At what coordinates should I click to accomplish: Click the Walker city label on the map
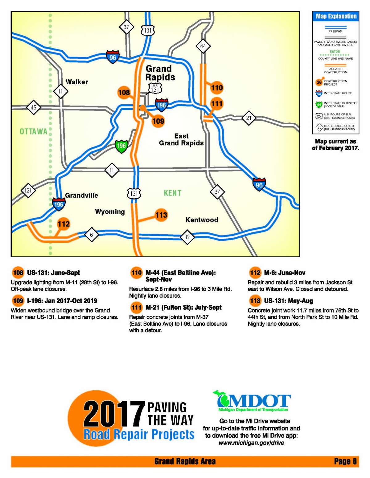pos(77,82)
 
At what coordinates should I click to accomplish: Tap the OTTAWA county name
pos(33,132)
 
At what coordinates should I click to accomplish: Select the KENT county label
pos(172,193)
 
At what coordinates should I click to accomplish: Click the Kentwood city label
pos(202,220)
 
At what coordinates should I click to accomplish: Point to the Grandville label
pos(81,195)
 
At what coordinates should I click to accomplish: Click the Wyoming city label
pos(110,212)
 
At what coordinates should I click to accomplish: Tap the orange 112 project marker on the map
pos(64,224)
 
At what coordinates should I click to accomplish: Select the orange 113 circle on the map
pos(161,215)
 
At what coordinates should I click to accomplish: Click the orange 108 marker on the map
pos(124,92)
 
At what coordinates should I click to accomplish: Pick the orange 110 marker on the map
pos(217,88)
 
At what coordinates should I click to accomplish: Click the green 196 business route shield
pos(121,146)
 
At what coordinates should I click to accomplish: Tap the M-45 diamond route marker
pos(33,107)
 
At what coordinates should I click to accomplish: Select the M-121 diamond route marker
pos(28,191)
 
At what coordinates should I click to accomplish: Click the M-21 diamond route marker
pos(249,118)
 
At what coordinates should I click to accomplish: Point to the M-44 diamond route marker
pos(203,46)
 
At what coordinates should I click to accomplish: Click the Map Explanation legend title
pos(336,16)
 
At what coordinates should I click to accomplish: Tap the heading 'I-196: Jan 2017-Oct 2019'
pos(62,301)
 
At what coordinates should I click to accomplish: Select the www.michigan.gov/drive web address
pos(251,443)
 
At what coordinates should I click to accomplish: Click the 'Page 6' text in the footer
pos(345,461)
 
